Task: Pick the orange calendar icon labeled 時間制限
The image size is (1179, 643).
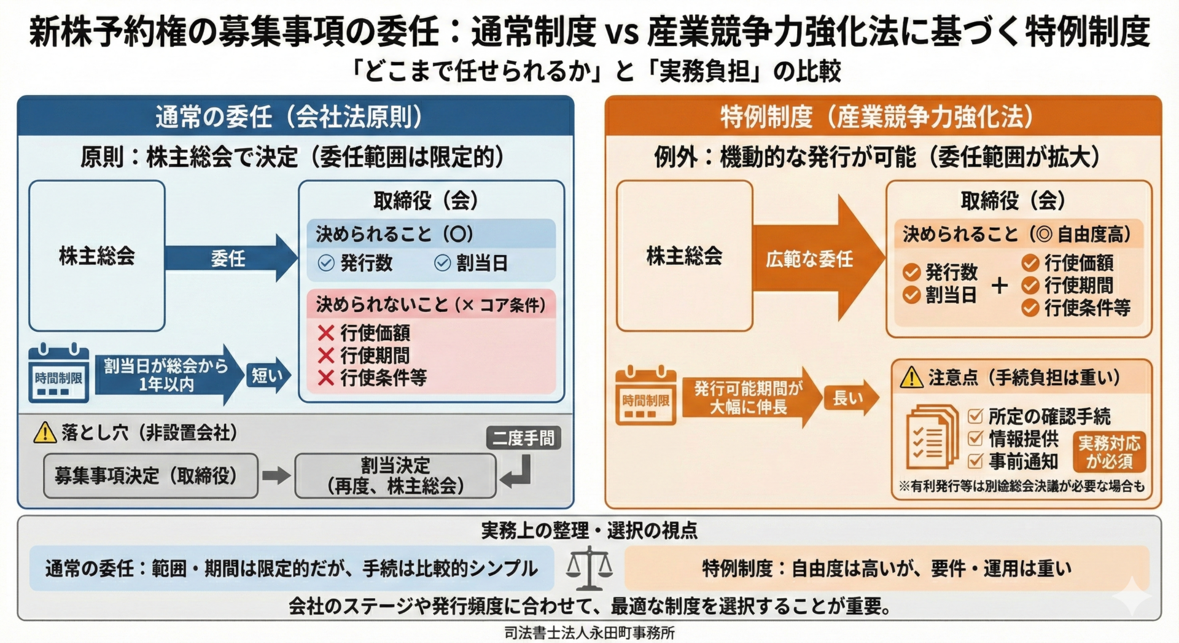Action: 645,396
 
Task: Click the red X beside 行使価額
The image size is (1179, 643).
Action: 326,333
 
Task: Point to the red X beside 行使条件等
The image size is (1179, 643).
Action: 326,378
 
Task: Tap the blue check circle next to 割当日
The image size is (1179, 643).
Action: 442,263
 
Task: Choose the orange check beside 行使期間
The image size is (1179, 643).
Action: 1030,286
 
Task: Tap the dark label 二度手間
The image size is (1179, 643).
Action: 523,438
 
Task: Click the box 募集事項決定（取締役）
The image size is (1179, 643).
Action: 150,475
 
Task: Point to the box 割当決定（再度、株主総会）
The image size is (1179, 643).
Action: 395,475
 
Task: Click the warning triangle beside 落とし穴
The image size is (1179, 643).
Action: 45,433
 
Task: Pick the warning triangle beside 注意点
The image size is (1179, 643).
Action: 911,378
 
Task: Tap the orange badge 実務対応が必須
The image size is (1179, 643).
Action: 1109,452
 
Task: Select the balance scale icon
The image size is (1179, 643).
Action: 589,568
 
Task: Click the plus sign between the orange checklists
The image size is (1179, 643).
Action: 1000,286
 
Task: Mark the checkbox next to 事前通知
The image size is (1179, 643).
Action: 975,461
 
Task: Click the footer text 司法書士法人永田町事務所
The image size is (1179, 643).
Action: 589,633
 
